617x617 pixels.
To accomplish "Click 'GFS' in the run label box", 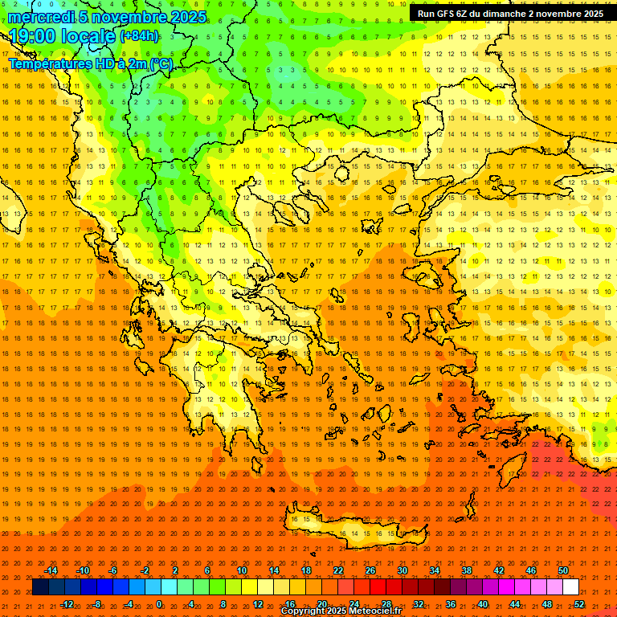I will [449, 14].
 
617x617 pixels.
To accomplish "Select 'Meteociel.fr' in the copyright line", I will [371, 611].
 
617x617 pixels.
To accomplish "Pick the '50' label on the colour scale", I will [563, 570].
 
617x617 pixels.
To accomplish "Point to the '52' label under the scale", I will [579, 604].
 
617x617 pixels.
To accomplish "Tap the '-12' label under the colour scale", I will [67, 604].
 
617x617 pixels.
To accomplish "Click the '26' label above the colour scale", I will [370, 570].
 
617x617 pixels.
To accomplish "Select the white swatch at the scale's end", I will [570, 587].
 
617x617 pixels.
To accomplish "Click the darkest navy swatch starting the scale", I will [40, 587].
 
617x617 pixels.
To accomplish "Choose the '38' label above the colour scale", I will [467, 570].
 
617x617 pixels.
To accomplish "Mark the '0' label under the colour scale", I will [158, 604].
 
